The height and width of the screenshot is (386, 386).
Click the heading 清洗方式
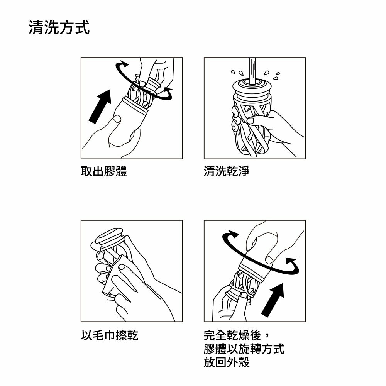click(59, 27)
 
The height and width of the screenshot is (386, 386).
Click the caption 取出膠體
click(104, 171)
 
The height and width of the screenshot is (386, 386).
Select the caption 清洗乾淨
click(227, 171)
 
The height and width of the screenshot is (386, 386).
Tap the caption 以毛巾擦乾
click(110, 335)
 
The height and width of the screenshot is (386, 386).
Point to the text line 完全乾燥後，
click(237, 335)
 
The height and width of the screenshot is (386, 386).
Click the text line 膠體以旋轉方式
click(244, 349)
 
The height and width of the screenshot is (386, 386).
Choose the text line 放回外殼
click(227, 362)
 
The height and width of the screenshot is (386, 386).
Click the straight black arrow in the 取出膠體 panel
click(100, 107)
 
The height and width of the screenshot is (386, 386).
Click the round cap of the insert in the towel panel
click(109, 236)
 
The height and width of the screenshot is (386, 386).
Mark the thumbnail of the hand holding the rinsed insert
click(250, 120)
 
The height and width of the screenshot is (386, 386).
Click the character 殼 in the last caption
click(244, 362)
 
